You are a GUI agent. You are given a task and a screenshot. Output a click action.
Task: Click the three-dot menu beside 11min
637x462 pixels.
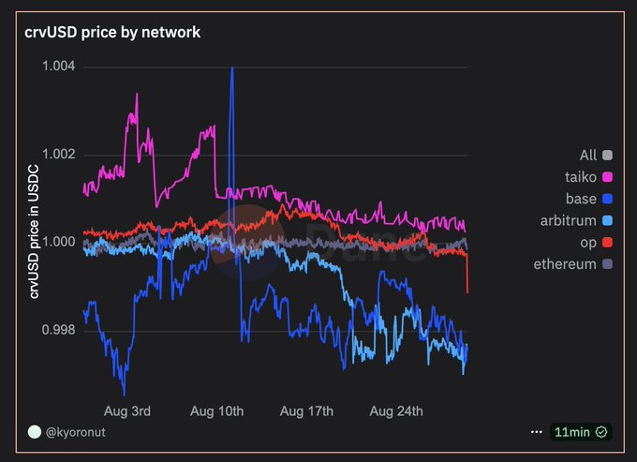point(537,432)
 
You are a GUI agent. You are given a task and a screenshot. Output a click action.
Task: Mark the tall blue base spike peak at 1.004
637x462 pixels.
point(231,68)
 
